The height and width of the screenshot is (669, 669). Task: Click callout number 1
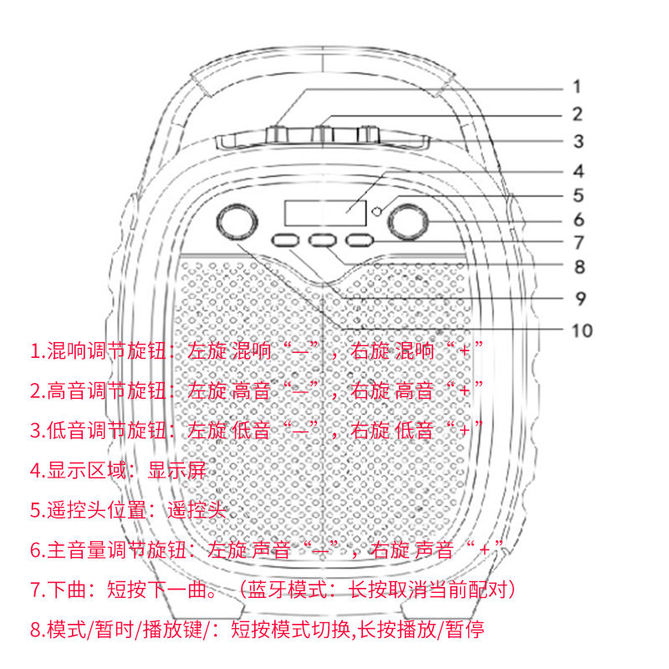pos(576,86)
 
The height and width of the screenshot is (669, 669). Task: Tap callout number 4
pos(578,171)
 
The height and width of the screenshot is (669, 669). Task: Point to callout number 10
pos(581,330)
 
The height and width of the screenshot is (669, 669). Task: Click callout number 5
pos(578,196)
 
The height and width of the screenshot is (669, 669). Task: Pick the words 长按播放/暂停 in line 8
pos(434,630)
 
